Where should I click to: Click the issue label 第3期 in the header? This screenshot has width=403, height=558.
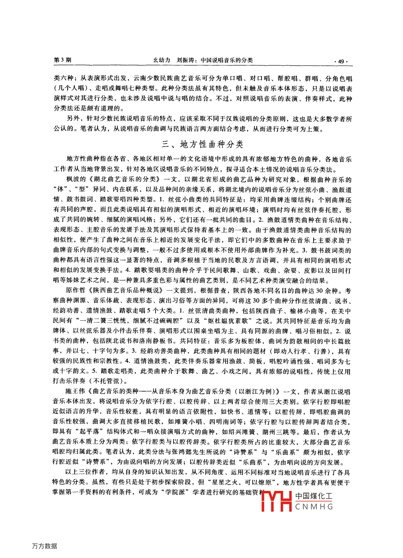coord(62,60)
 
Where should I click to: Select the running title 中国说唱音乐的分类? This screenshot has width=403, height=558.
coord(227,60)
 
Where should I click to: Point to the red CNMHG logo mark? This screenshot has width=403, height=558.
coord(276,501)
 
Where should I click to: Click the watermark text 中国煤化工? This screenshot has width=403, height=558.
coord(314,496)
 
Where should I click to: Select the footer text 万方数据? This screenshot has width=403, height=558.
coord(45,546)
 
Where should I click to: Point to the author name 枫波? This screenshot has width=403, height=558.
coord(73,180)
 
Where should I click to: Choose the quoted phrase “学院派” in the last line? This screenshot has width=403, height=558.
coord(175,492)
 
